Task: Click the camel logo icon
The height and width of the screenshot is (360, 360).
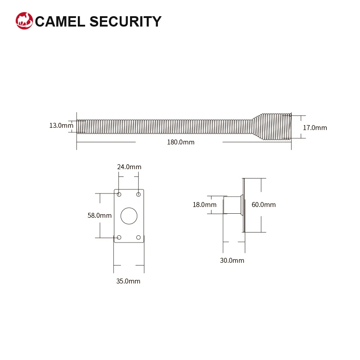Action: [24, 21]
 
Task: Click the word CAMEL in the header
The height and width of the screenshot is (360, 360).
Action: [60, 21]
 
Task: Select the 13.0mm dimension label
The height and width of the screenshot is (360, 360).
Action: [61, 126]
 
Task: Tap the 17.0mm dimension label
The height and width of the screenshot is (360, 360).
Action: [315, 128]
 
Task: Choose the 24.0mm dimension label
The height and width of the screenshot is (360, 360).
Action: [129, 167]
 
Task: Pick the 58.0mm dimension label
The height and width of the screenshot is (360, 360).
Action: [99, 216]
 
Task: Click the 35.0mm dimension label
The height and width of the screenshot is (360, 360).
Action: [128, 281]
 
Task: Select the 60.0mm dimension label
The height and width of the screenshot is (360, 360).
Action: [264, 205]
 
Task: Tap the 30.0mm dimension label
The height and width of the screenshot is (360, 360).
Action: [232, 261]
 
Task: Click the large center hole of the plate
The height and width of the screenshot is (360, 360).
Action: [129, 216]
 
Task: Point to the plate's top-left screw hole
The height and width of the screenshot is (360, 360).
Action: [119, 194]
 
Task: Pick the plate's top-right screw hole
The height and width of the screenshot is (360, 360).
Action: [139, 194]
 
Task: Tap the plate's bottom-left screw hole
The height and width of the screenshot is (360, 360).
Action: [119, 237]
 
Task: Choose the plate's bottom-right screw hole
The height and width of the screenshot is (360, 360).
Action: [139, 237]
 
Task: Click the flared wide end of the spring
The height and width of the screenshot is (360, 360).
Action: [274, 126]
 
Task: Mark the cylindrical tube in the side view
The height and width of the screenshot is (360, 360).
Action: [232, 205]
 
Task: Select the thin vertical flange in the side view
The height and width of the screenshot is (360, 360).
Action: [243, 205]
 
